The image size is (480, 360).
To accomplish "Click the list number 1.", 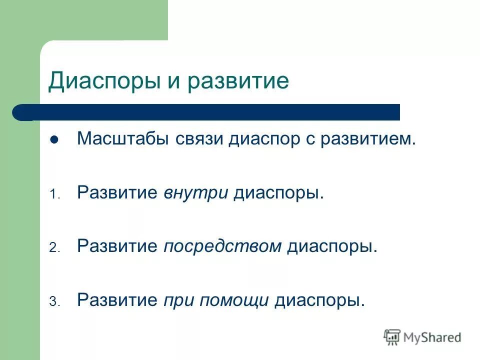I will click(x=54, y=195).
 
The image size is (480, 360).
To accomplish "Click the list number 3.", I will click(x=54, y=302).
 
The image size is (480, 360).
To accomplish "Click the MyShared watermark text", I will click(x=433, y=337).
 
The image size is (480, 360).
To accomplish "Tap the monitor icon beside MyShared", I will click(x=392, y=337).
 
